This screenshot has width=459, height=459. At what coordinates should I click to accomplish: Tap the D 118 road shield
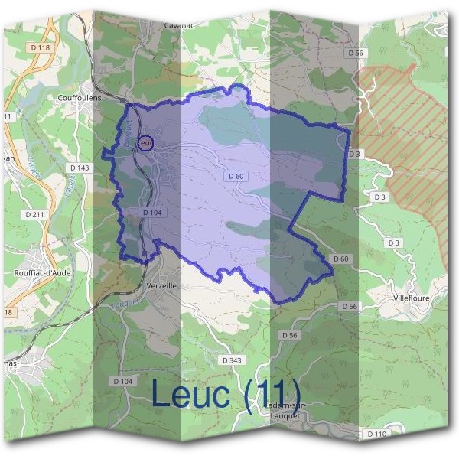(x=43, y=47)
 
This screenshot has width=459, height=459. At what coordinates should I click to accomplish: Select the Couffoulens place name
(x=80, y=98)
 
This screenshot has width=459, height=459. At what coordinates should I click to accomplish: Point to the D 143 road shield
(x=80, y=168)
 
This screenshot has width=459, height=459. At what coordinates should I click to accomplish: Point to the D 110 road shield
(x=376, y=434)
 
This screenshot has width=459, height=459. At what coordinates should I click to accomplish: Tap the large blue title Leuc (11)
(x=226, y=393)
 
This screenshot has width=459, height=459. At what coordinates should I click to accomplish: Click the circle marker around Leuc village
(x=145, y=142)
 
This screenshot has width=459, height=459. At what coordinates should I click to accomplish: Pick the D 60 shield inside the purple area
(x=236, y=176)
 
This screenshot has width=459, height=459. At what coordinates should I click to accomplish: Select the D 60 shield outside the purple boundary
(x=341, y=259)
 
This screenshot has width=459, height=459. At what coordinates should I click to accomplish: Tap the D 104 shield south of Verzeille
(x=122, y=381)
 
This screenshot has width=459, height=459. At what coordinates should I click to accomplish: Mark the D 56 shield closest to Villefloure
(x=349, y=306)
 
